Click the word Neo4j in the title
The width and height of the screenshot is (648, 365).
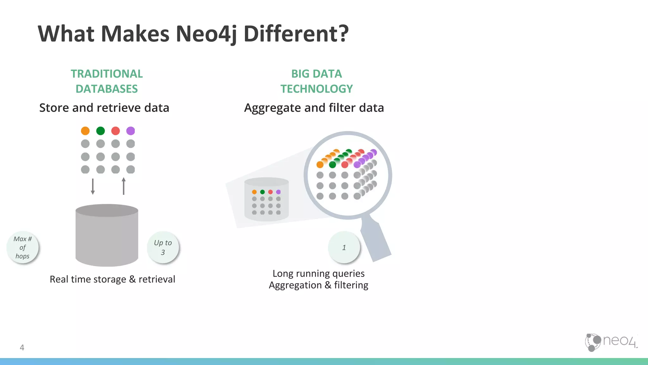(206, 34)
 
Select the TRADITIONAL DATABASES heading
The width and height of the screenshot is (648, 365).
(107, 81)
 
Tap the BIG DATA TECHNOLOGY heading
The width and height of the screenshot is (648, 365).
(316, 81)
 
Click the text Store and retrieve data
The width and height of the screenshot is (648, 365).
(104, 108)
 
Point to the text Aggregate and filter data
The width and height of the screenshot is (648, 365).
(314, 108)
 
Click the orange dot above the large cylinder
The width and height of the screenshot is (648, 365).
(85, 131)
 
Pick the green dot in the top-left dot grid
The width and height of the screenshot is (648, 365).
(100, 131)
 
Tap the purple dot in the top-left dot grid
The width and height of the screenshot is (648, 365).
(130, 131)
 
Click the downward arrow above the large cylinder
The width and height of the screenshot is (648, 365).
(93, 186)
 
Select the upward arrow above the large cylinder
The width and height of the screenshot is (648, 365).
(123, 186)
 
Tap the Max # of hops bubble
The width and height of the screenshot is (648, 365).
(22, 247)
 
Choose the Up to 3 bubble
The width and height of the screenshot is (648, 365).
(163, 247)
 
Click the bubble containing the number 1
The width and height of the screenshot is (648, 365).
(344, 247)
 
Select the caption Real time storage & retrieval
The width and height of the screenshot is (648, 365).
(112, 279)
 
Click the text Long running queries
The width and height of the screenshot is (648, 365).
(318, 273)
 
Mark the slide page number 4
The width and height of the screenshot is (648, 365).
(22, 348)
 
